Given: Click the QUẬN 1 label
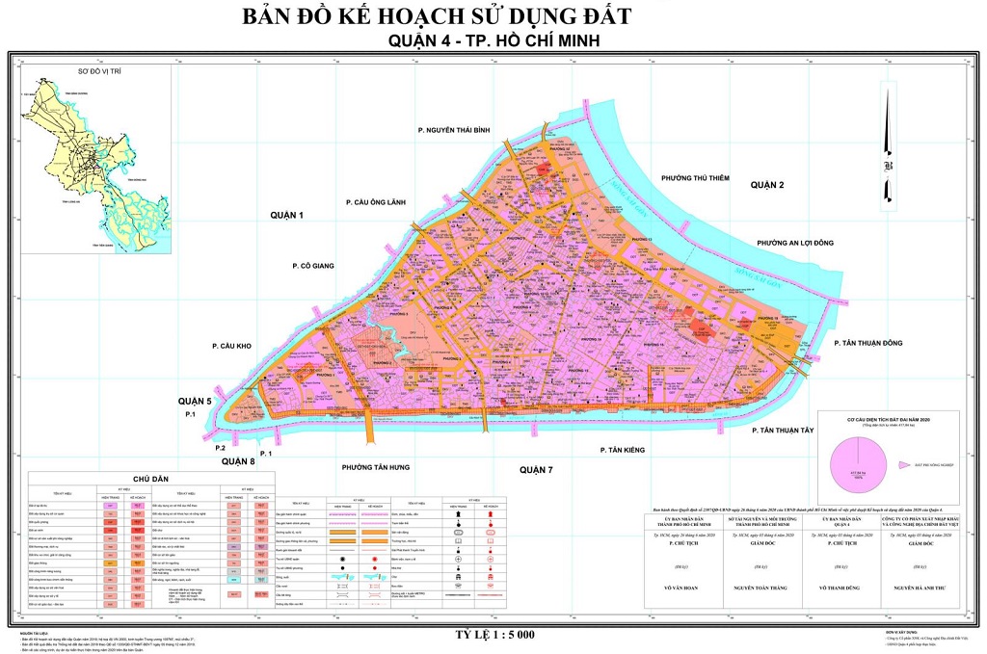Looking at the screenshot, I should click(x=287, y=216).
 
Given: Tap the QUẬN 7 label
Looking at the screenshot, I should click(x=536, y=469).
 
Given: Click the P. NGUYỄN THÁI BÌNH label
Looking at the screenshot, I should click(x=455, y=129).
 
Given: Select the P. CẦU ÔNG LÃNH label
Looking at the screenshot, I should click(x=379, y=202).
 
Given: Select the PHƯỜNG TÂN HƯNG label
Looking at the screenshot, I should click(x=376, y=466).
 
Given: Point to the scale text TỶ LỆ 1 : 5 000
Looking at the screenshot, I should click(x=494, y=634).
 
